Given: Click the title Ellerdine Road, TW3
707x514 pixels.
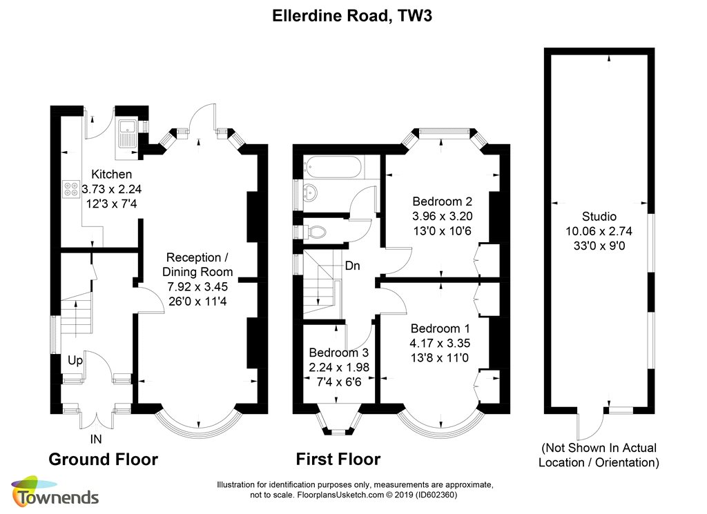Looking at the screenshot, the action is tap(352, 16).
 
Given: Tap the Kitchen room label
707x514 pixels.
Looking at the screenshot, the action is tap(111, 175).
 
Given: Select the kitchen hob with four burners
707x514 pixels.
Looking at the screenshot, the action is tap(71, 189).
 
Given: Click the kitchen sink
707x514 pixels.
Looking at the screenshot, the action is tap(127, 133).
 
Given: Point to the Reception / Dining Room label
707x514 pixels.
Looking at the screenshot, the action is tap(197, 264).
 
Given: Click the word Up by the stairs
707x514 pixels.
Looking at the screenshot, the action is tap(75, 360).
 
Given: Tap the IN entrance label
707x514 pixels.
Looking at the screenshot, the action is tap(96, 439).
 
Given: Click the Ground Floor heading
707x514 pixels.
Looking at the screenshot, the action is tap(104, 459).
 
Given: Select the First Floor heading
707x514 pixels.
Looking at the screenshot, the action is tap(338, 459).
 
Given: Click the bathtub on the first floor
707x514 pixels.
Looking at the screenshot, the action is tap(333, 167).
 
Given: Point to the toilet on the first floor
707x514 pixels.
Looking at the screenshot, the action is tap(315, 233).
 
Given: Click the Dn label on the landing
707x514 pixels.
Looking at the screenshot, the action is tap(353, 266).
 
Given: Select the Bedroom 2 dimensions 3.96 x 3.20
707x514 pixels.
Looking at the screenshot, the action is tap(443, 216).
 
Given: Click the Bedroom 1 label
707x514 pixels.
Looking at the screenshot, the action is tap(440, 328).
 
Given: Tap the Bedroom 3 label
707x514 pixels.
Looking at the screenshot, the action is tap(338, 353).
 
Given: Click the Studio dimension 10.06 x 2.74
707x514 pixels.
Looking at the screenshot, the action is tap(599, 231).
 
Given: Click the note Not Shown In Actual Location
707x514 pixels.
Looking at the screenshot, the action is tap(599, 455).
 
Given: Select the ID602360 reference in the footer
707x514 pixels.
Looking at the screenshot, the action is tap(436, 495).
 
